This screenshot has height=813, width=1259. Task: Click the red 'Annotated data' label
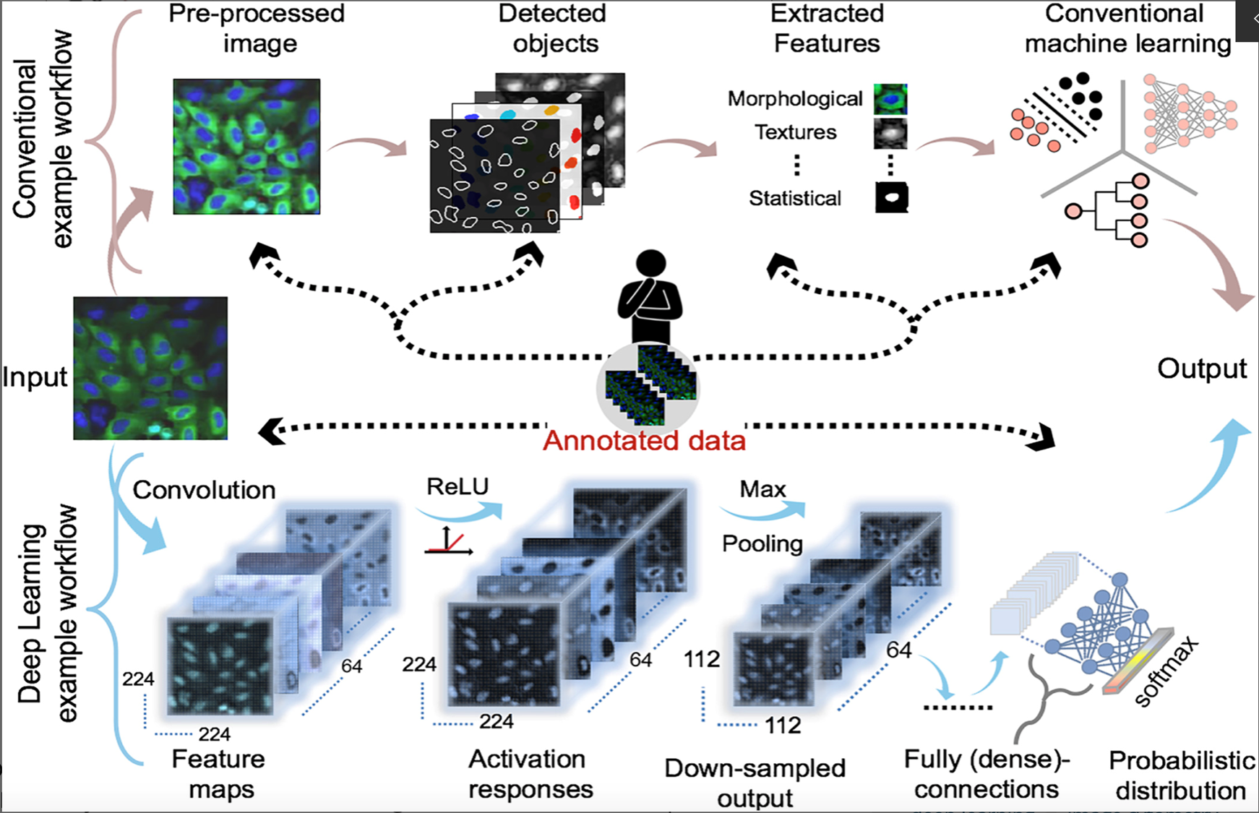[643, 440]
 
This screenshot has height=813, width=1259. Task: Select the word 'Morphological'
[795, 98]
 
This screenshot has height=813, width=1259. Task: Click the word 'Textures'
[795, 132]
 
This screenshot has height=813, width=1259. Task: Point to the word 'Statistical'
[795, 198]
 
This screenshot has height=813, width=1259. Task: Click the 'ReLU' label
[457, 486]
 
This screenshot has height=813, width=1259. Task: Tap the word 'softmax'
[1165, 672]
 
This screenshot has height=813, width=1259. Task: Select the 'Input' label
[35, 377]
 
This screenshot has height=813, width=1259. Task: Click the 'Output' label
[1202, 369]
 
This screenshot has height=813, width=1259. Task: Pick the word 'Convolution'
[204, 490]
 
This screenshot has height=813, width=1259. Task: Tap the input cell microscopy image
[150, 368]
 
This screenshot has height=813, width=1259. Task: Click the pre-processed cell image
[246, 147]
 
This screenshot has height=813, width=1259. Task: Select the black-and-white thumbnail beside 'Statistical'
[891, 197]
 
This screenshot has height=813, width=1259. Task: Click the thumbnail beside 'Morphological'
[890, 99]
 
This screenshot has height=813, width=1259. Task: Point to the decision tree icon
[1109, 210]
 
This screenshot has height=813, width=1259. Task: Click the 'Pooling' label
[762, 543]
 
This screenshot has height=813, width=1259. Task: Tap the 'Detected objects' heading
[554, 29]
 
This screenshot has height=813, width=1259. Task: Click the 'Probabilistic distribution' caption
[1181, 775]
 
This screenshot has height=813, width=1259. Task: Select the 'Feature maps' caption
[219, 774]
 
